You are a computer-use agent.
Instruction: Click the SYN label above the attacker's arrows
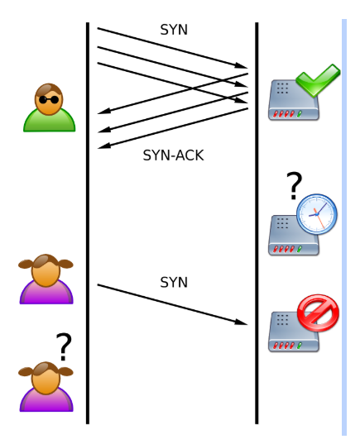tap(174, 30)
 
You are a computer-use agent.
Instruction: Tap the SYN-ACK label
tap(173, 155)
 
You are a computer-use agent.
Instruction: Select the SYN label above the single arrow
tap(174, 282)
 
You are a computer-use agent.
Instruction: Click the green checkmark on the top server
tap(318, 80)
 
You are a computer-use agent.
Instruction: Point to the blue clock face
tap(317, 214)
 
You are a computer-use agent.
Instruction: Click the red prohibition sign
tap(318, 313)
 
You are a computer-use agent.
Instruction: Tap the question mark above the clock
tap(295, 185)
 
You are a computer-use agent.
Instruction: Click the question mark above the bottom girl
tap(64, 346)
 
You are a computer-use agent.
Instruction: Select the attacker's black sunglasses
tap(49, 100)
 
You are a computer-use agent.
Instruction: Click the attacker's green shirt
tap(50, 122)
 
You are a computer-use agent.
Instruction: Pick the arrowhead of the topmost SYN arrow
tap(242, 65)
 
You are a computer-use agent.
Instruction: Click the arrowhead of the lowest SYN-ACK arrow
tap(103, 146)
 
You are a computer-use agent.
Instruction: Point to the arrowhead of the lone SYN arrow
tap(242, 322)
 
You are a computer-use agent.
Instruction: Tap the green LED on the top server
tap(300, 114)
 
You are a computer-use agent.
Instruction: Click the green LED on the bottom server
tap(300, 346)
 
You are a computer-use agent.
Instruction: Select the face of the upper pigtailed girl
tap(46, 272)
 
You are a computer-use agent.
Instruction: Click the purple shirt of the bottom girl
tap(46, 400)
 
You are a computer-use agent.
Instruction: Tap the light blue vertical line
tap(344, 227)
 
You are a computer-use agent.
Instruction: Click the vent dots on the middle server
tap(282, 223)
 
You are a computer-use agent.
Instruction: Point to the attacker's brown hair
tap(48, 89)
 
